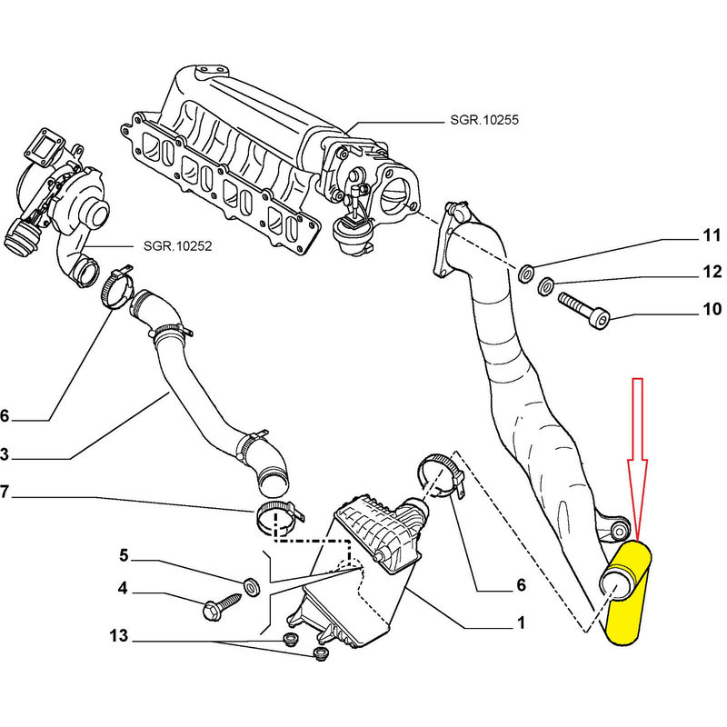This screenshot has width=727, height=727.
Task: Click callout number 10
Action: pos(711,311)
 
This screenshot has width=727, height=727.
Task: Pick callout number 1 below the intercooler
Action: pos(521,623)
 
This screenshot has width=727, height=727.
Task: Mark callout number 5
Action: pos(124,554)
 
